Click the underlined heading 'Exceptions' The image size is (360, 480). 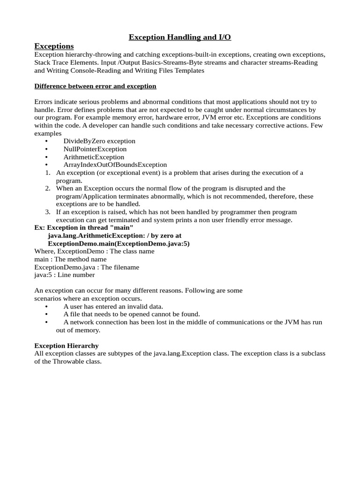click(54, 46)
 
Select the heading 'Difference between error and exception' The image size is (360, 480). click(95, 86)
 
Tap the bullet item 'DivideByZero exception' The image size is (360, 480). click(99, 141)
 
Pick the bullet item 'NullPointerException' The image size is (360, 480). click(95, 149)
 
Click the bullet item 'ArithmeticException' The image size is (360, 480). click(94, 157)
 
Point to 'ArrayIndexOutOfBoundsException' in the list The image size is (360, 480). click(115, 165)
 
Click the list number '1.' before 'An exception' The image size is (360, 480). click(48, 173)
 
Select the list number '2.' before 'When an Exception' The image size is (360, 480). click(48, 188)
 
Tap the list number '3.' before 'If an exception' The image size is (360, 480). click(48, 212)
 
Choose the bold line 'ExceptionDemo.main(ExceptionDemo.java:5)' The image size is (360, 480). click(119, 244)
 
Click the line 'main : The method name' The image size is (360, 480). click(70, 259)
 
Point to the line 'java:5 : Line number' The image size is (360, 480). click(65, 275)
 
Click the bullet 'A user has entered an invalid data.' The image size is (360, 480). click(113, 307)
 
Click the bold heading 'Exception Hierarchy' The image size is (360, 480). click(67, 346)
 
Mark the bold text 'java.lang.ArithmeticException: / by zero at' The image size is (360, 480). click(114, 236)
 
